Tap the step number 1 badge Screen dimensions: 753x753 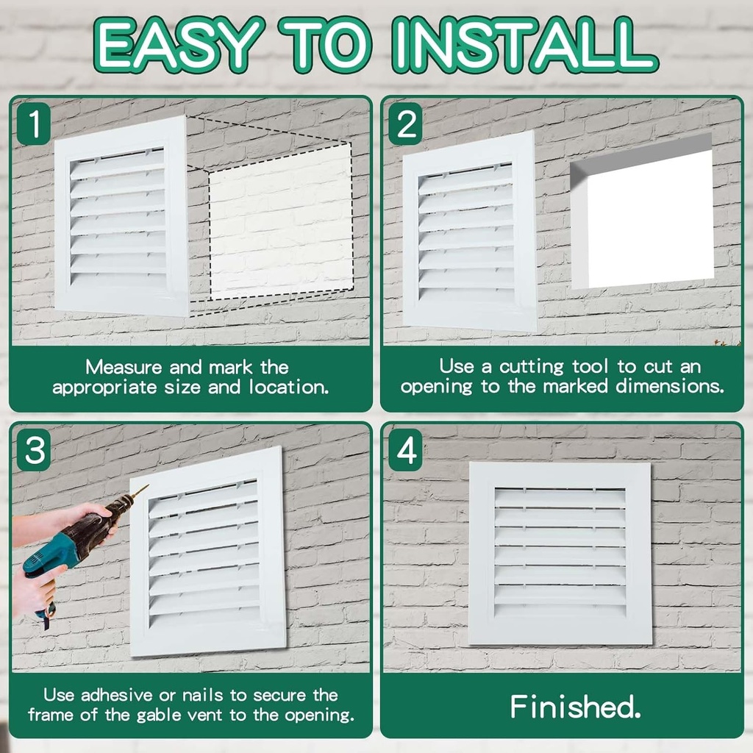click(x=33, y=124)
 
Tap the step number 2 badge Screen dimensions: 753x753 click(x=405, y=124)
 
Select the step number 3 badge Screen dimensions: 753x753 click(x=34, y=450)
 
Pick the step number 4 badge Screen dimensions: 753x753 click(x=405, y=450)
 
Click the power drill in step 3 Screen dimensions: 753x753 click(x=74, y=540)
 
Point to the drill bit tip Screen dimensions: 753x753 click(x=146, y=486)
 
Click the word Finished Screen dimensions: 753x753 click(x=576, y=707)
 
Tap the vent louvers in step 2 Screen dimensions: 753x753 click(x=466, y=235)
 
